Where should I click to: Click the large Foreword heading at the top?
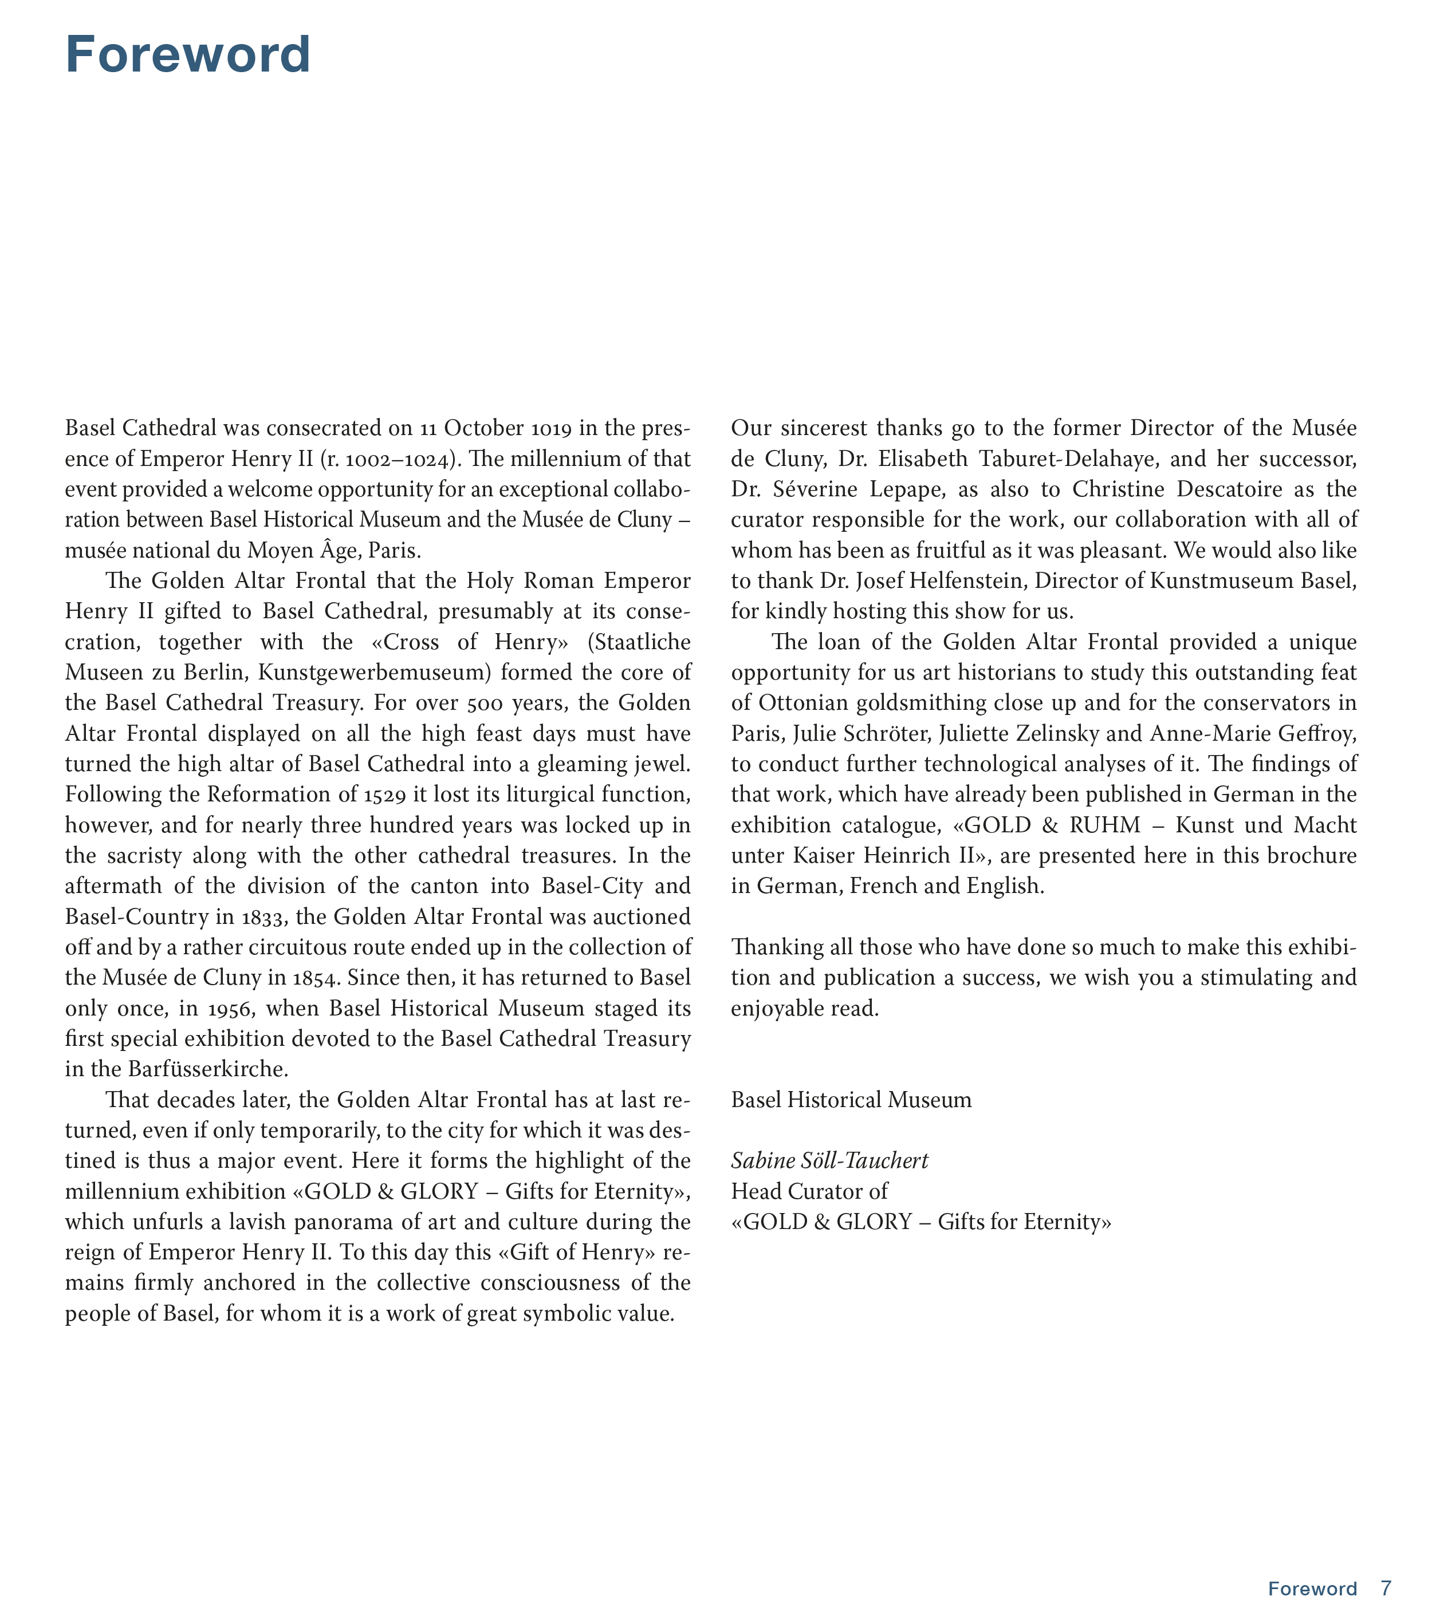pyautogui.click(x=188, y=55)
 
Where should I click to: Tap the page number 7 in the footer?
pyautogui.click(x=1386, y=1587)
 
